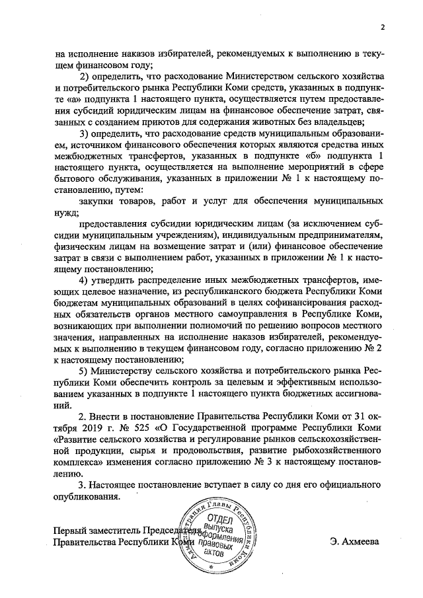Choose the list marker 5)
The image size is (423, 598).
pyautogui.click(x=85, y=372)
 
